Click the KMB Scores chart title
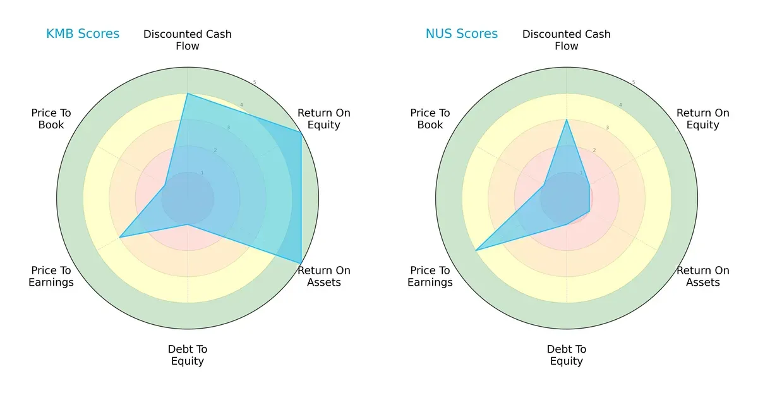tap(83, 34)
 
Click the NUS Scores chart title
tap(462, 34)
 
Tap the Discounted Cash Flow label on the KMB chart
tap(188, 40)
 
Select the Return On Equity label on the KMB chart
tap(324, 119)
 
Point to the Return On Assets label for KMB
tap(324, 276)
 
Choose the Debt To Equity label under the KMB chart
tap(188, 355)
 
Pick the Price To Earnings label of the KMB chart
tap(51, 276)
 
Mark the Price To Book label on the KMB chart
tap(51, 119)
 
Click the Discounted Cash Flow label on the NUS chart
tap(567, 40)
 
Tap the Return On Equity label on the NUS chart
tap(703, 119)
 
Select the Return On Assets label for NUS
tap(703, 276)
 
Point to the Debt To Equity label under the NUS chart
tap(567, 355)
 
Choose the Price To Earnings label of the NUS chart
tap(430, 276)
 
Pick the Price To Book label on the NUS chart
tap(430, 119)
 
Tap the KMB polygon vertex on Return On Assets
tap(301, 264)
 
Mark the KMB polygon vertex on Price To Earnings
tap(120, 237)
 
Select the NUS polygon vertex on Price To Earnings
tap(476, 250)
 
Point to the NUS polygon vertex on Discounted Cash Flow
tap(567, 119)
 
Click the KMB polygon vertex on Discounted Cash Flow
tap(188, 94)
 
